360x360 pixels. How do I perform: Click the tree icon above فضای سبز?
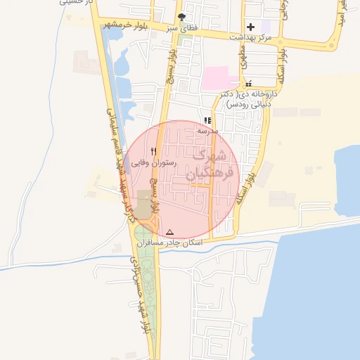click(184, 17)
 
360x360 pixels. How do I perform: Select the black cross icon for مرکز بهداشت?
click(250, 27)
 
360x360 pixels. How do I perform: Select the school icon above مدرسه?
click(207, 120)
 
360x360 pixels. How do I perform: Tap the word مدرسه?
click(207, 131)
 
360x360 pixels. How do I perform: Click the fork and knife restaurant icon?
click(154, 150)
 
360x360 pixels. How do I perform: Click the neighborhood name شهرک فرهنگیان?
click(205, 164)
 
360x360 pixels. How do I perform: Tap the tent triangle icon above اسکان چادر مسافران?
click(169, 231)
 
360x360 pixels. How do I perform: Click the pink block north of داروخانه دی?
click(219, 77)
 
